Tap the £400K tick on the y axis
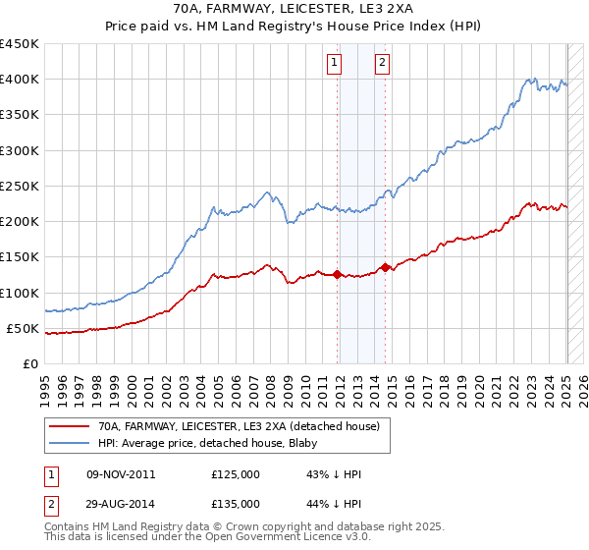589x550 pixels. (20, 80)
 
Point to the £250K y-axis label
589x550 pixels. (20, 186)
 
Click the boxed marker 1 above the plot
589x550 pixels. (335, 64)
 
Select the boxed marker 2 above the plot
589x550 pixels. (382, 64)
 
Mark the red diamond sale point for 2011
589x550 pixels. (337, 275)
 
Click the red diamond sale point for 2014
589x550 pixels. (386, 267)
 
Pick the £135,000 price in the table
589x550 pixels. (236, 504)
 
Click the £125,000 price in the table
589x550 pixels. (236, 475)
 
